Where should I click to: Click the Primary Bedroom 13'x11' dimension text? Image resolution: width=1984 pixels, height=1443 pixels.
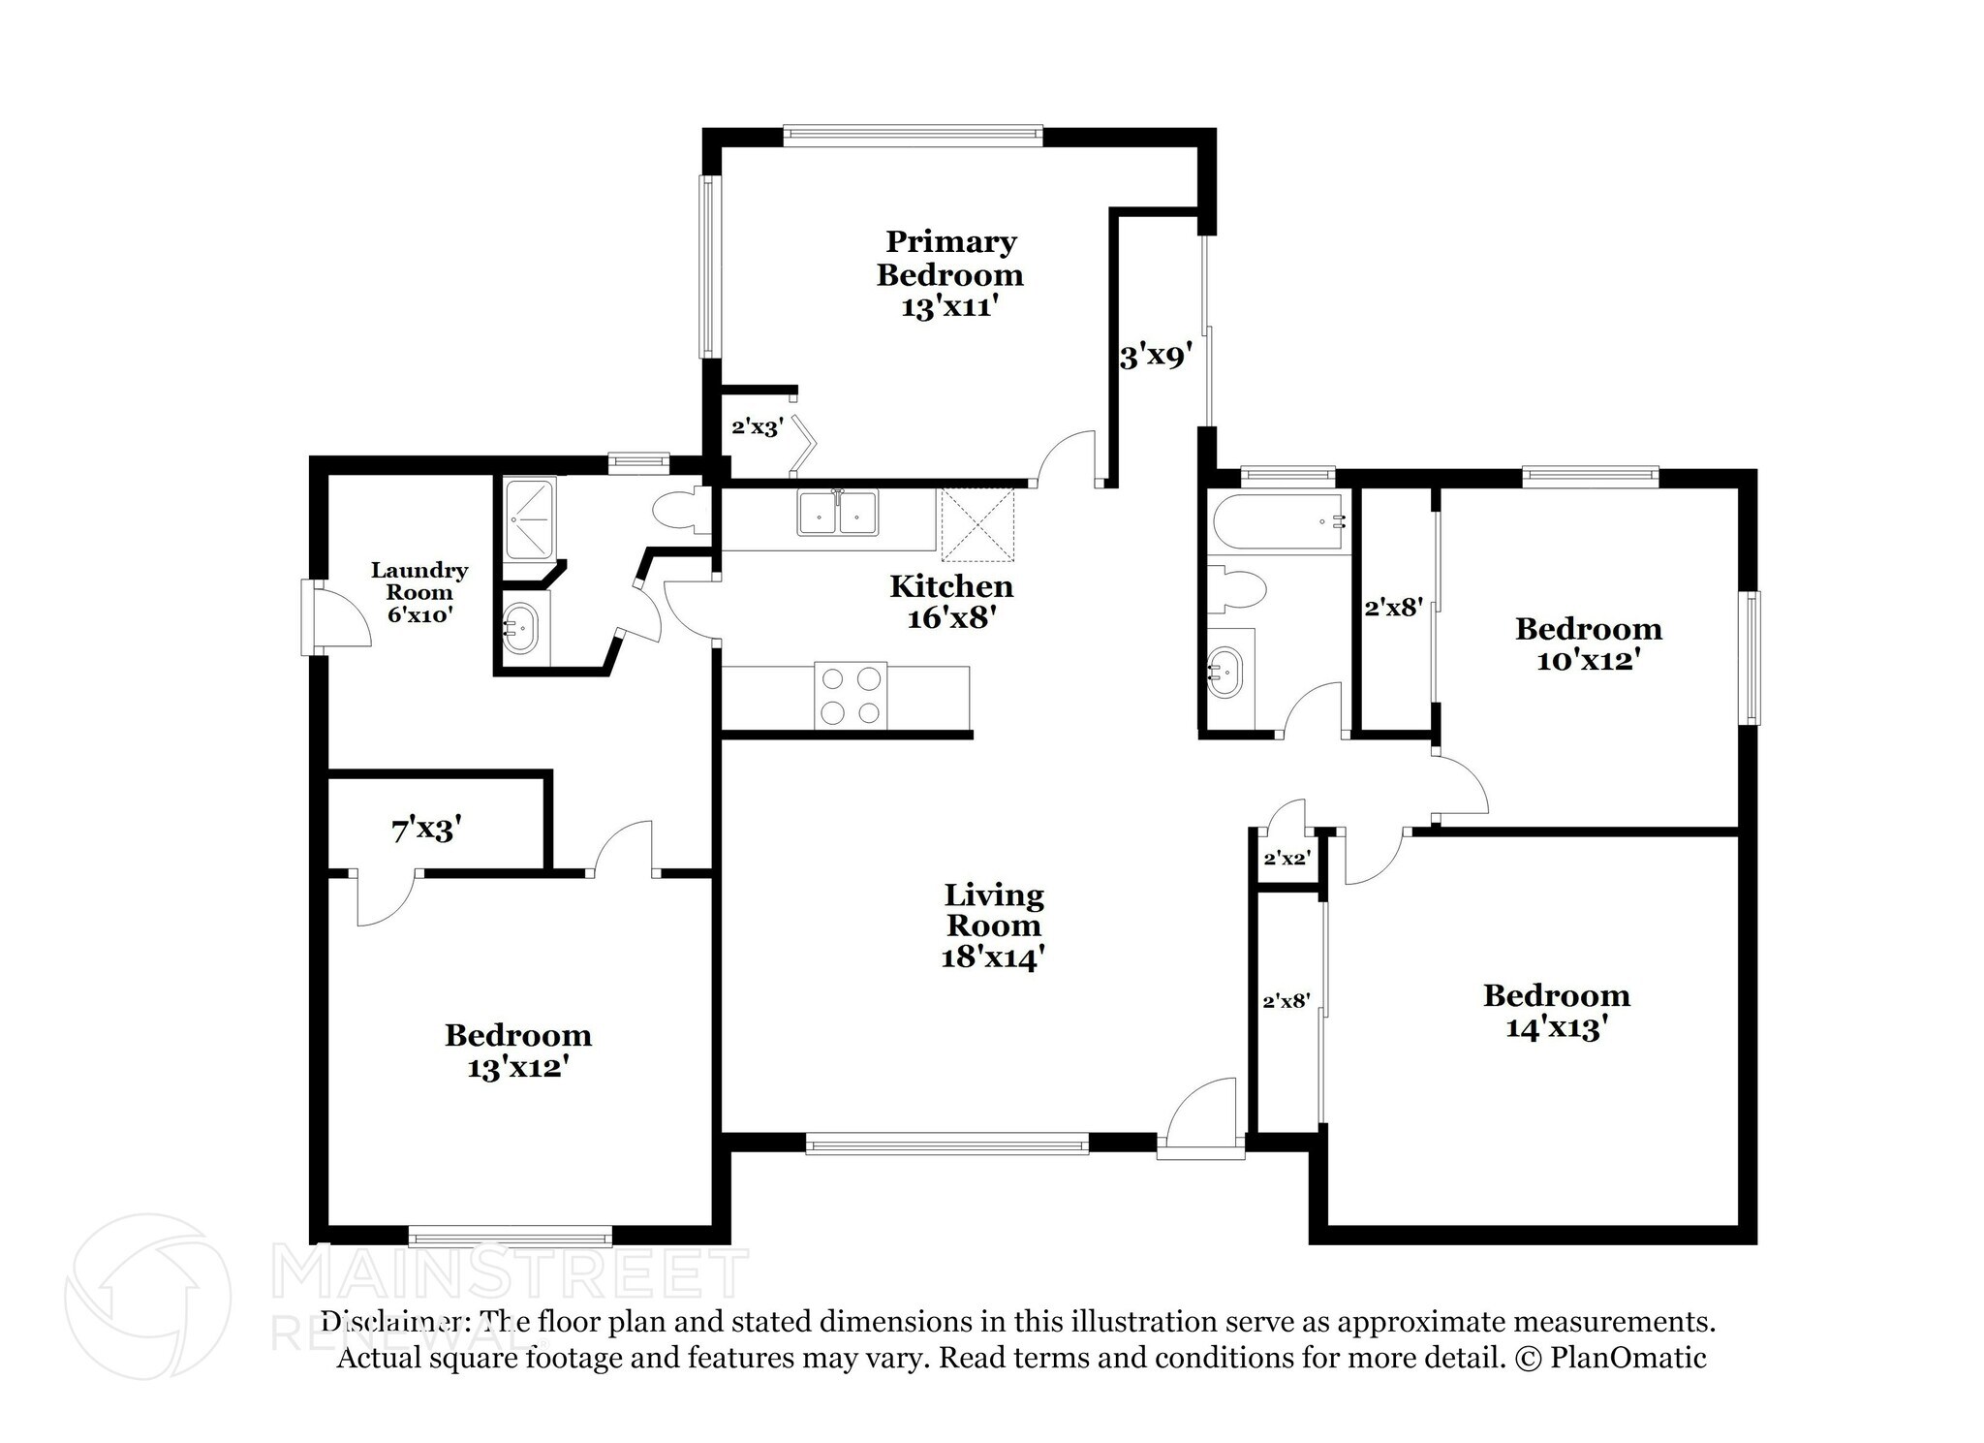tap(948, 308)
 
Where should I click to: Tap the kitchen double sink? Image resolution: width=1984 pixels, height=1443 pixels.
tap(838, 513)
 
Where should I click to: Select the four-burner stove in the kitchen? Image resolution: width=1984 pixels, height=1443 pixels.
tap(852, 695)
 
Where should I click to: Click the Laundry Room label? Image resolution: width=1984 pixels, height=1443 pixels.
tap(418, 580)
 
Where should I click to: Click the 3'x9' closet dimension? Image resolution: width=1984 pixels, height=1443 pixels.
tap(1153, 357)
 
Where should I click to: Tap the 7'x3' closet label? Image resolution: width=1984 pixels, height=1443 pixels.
tap(426, 830)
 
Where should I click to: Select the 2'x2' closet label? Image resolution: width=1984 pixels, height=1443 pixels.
tap(1286, 859)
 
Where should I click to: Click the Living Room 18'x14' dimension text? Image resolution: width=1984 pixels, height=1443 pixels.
tap(993, 958)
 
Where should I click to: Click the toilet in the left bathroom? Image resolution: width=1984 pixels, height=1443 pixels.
tap(681, 512)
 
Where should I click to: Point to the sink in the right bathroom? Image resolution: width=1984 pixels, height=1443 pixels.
tap(1227, 671)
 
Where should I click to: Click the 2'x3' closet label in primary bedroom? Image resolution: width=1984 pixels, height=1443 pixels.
tap(757, 427)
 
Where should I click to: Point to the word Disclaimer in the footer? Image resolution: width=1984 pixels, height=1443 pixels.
tap(391, 1322)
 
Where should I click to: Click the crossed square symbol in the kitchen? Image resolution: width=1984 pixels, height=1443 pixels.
tap(977, 524)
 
